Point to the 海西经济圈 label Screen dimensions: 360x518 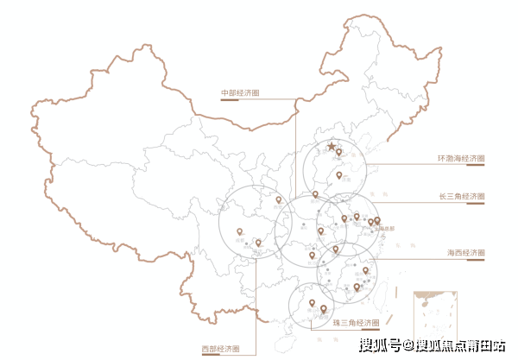465,252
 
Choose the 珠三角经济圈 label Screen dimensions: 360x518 355,323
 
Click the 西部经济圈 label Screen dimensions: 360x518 220,349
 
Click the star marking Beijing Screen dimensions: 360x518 332,148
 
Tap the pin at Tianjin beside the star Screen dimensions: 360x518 339,153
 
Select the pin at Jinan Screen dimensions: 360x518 339,175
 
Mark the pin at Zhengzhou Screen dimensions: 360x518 316,194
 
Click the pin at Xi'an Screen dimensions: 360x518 279,199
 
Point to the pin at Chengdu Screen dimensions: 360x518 240,231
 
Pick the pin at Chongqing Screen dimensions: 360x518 258,243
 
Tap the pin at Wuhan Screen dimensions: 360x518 320,231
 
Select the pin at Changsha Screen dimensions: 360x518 312,255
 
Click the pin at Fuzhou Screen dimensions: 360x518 365,271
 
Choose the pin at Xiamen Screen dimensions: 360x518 357,287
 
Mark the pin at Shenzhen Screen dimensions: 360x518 324,309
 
